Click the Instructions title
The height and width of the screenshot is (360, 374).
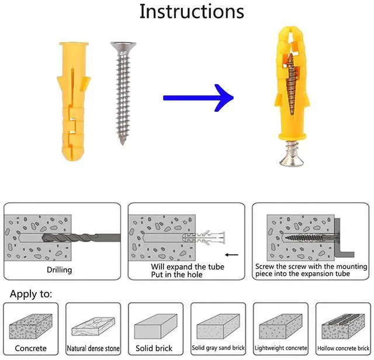coord(191,12)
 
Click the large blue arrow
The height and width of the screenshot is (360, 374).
coord(196,98)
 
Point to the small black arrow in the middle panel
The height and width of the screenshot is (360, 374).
coord(231,255)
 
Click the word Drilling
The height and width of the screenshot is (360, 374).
coord(60,270)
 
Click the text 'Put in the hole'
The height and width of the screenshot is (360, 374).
coord(177,274)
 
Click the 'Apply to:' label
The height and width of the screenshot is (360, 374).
coord(30,294)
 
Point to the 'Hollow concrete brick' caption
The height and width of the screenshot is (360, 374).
coord(342,348)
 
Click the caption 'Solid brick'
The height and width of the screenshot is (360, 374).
coord(155,348)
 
